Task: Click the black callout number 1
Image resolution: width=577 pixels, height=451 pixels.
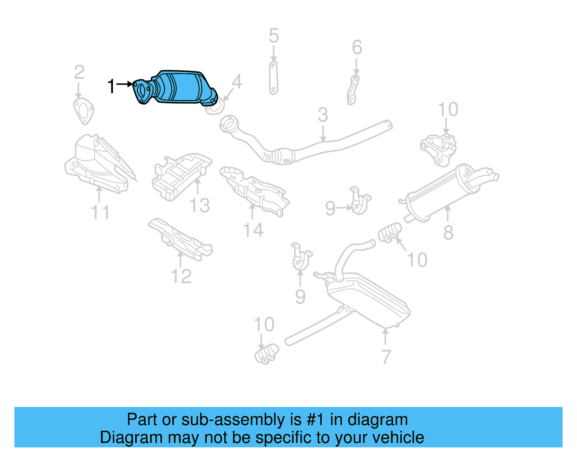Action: (x=111, y=86)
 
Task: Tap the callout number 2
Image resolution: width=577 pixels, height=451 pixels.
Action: (x=79, y=73)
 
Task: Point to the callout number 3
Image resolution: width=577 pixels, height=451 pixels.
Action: (x=323, y=115)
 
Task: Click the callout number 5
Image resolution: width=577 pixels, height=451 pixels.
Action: (x=274, y=36)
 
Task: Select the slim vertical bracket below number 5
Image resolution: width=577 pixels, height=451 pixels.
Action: (x=273, y=78)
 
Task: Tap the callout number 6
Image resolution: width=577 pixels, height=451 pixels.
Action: (x=357, y=48)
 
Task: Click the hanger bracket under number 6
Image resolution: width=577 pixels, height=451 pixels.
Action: (x=353, y=90)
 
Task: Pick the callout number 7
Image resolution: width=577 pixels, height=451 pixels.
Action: (x=386, y=357)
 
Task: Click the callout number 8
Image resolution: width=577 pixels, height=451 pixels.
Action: (x=448, y=233)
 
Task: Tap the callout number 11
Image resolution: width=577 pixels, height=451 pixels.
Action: (x=100, y=213)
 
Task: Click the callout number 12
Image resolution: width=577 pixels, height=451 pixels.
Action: (x=181, y=277)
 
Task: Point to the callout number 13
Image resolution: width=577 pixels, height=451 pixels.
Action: (x=199, y=206)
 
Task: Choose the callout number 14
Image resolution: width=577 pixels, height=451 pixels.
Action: (x=253, y=230)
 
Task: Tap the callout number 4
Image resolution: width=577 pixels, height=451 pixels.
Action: (x=237, y=82)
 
